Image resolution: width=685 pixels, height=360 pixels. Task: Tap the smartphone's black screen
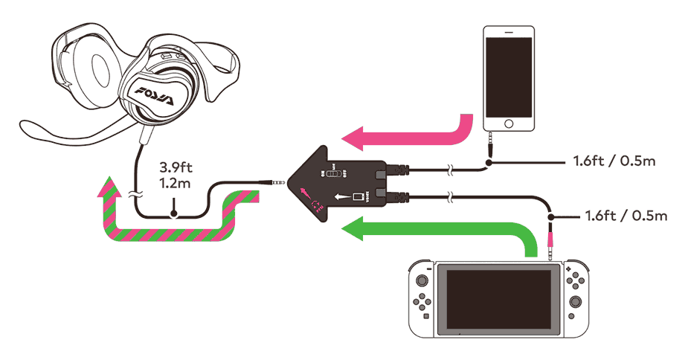(x=509, y=75)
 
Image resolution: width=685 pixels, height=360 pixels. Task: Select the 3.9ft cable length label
(x=173, y=169)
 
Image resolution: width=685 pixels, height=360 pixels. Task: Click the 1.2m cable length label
(x=173, y=183)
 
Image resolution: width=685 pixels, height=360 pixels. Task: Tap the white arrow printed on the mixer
(x=342, y=197)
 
